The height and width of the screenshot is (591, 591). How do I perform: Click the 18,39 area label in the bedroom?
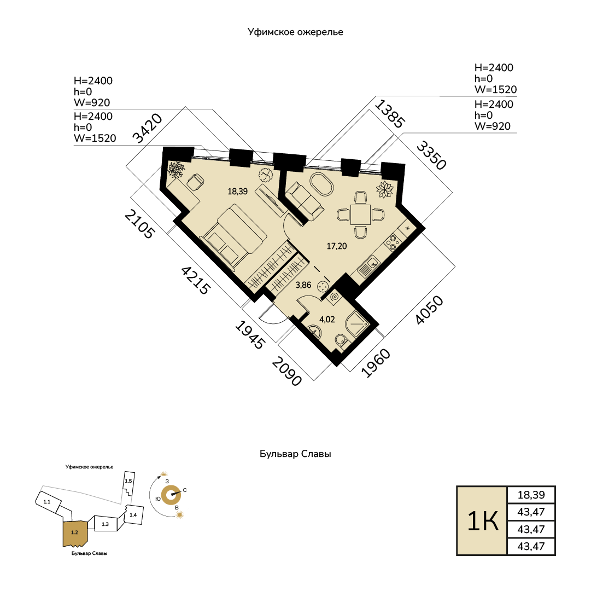point(237,191)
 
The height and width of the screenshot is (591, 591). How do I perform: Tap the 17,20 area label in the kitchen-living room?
point(337,246)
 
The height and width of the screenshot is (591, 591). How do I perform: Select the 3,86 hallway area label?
point(303,285)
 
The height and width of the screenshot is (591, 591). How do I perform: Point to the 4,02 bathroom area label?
point(327,320)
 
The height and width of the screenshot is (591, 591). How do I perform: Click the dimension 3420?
point(148,128)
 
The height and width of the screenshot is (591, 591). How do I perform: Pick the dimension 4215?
point(195,280)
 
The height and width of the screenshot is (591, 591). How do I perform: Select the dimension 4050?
point(429,310)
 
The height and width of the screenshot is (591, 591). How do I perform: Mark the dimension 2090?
point(287,372)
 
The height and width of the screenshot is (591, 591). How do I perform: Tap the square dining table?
point(360,215)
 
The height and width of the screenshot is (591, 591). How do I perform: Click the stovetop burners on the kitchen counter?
point(393,242)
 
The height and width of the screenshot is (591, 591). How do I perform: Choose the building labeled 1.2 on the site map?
point(75,533)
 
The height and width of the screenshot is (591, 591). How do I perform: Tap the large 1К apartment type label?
point(482,521)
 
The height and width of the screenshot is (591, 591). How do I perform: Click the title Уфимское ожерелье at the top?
point(295,32)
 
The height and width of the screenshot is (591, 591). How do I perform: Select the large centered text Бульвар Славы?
point(295,454)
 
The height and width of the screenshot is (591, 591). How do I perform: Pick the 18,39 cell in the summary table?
point(531,495)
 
